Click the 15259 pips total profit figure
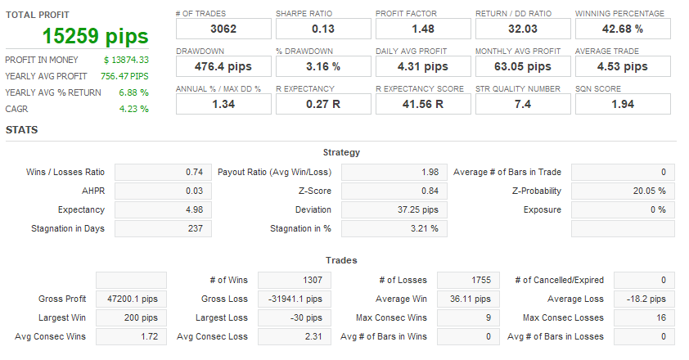(x=96, y=36)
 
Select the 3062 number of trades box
(x=223, y=29)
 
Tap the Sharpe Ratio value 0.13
(x=322, y=29)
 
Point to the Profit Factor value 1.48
(x=422, y=29)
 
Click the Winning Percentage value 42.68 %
(x=622, y=29)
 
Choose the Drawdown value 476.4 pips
(x=223, y=66)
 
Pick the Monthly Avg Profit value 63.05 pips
(x=522, y=66)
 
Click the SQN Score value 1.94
(x=622, y=104)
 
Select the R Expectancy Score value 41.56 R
(x=422, y=104)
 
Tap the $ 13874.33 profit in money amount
(x=126, y=60)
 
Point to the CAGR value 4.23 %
(x=133, y=109)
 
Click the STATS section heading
(x=21, y=129)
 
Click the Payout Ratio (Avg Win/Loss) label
(x=274, y=172)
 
